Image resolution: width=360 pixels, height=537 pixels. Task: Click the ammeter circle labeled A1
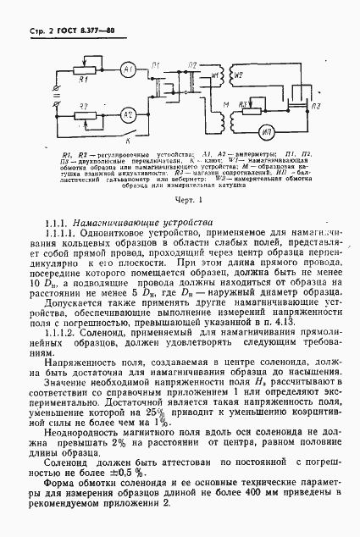coord(130,67)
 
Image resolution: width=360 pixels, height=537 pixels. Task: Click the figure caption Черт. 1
coord(180,200)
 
